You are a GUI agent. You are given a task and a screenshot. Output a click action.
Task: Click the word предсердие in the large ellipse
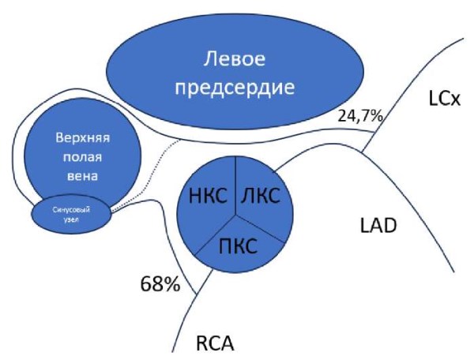tap(236, 85)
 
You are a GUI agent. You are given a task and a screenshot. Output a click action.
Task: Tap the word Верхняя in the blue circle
tap(82, 136)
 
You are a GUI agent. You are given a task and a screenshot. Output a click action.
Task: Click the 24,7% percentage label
tap(359, 116)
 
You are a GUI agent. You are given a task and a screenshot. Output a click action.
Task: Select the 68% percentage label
tap(160, 283)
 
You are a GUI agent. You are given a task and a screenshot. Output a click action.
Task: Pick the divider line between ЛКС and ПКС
tap(260, 224)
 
